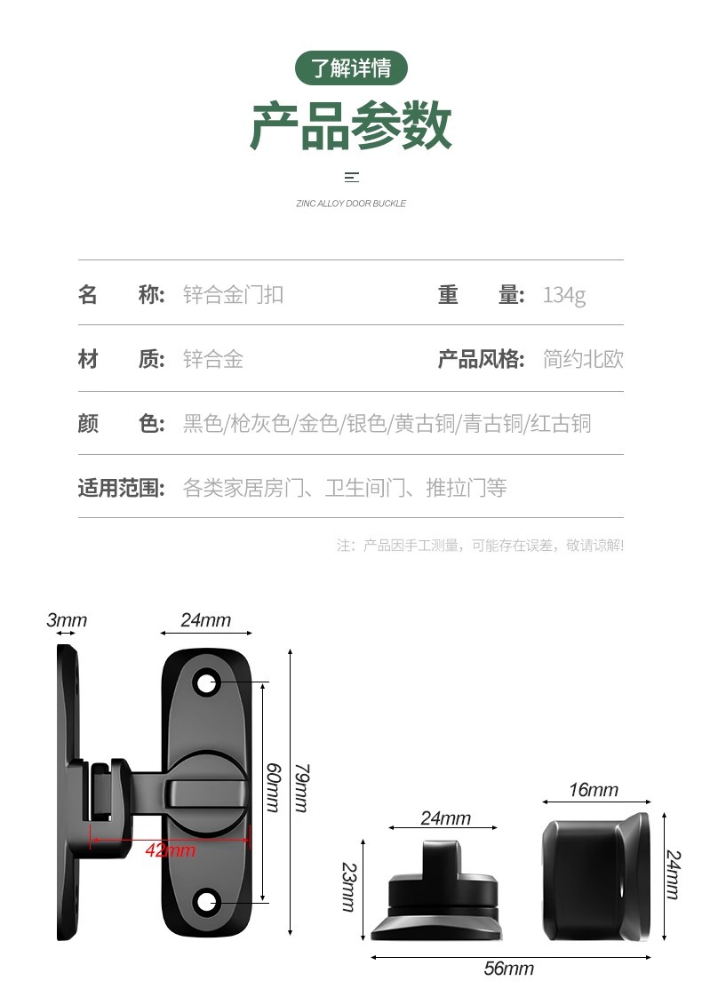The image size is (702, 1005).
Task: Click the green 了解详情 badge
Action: pyautogui.click(x=351, y=68)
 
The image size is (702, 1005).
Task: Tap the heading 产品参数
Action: pyautogui.click(x=351, y=126)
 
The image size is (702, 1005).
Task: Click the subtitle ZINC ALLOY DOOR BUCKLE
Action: pyautogui.click(x=351, y=203)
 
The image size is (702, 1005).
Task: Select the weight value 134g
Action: pyautogui.click(x=564, y=295)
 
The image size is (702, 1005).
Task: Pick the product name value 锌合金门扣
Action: pyautogui.click(x=233, y=295)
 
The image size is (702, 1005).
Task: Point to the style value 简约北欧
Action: pyautogui.click(x=583, y=359)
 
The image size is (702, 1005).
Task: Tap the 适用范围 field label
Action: pyautogui.click(x=122, y=488)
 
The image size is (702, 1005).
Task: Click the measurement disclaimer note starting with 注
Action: pyautogui.click(x=480, y=545)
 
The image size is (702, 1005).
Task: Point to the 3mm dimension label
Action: pyautogui.click(x=67, y=620)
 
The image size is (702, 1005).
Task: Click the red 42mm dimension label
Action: pyautogui.click(x=170, y=850)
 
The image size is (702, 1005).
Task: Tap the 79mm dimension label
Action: pyautogui.click(x=301, y=787)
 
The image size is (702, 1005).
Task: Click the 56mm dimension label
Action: pyautogui.click(x=508, y=969)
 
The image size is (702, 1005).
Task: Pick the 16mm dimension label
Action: pyautogui.click(x=593, y=790)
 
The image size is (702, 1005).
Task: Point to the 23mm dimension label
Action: pyautogui.click(x=348, y=888)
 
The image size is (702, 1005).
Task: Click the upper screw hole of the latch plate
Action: pyautogui.click(x=207, y=682)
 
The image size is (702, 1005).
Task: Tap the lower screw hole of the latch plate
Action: pyautogui.click(x=207, y=901)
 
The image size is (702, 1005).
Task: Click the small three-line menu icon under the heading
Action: pyautogui.click(x=351, y=177)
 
